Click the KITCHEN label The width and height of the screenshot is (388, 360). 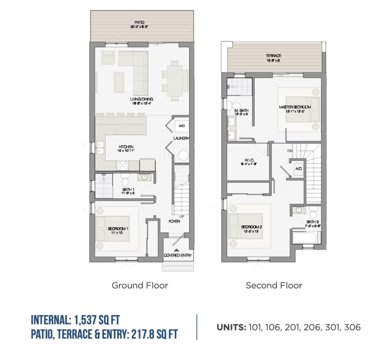click(x=126, y=147)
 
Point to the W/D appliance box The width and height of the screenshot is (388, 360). click(x=182, y=126)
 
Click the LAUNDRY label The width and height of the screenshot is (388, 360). click(x=182, y=139)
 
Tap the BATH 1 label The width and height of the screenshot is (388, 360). click(x=128, y=189)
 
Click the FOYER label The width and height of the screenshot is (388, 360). click(x=174, y=221)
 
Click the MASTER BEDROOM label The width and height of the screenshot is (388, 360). click(x=295, y=107)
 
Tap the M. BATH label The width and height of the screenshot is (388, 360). click(x=240, y=110)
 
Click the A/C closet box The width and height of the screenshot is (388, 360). click(x=298, y=169)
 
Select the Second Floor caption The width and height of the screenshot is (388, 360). click(x=274, y=285)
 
